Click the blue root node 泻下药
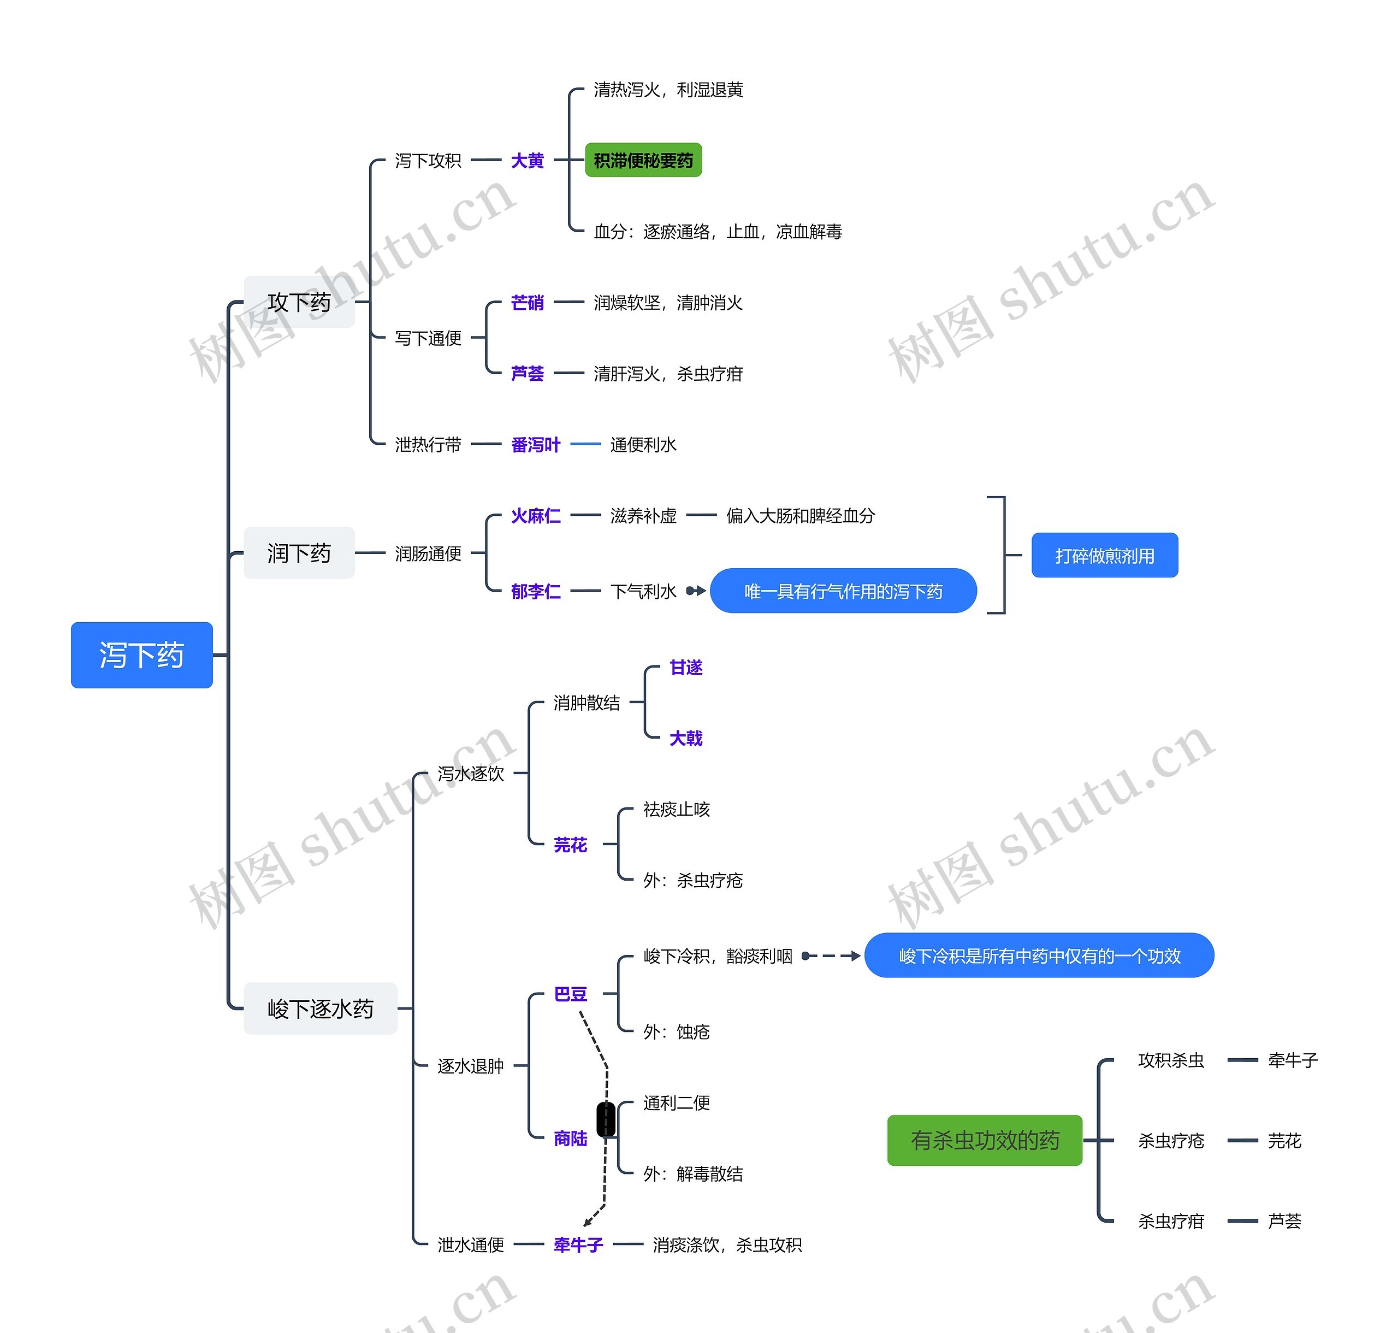tap(141, 654)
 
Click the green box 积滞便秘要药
tap(643, 161)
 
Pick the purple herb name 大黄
tap(527, 161)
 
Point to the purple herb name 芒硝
tap(527, 303)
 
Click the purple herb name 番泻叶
tap(536, 445)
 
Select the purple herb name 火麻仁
tap(536, 516)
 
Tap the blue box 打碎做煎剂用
tap(1104, 556)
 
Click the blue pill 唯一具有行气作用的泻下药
tap(843, 591)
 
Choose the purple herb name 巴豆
tap(571, 994)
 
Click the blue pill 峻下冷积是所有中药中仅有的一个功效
tap(1039, 955)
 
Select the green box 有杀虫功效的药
tap(985, 1141)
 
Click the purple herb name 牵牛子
tap(578, 1245)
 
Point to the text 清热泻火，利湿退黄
tap(668, 90)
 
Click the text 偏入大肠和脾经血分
tap(800, 516)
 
